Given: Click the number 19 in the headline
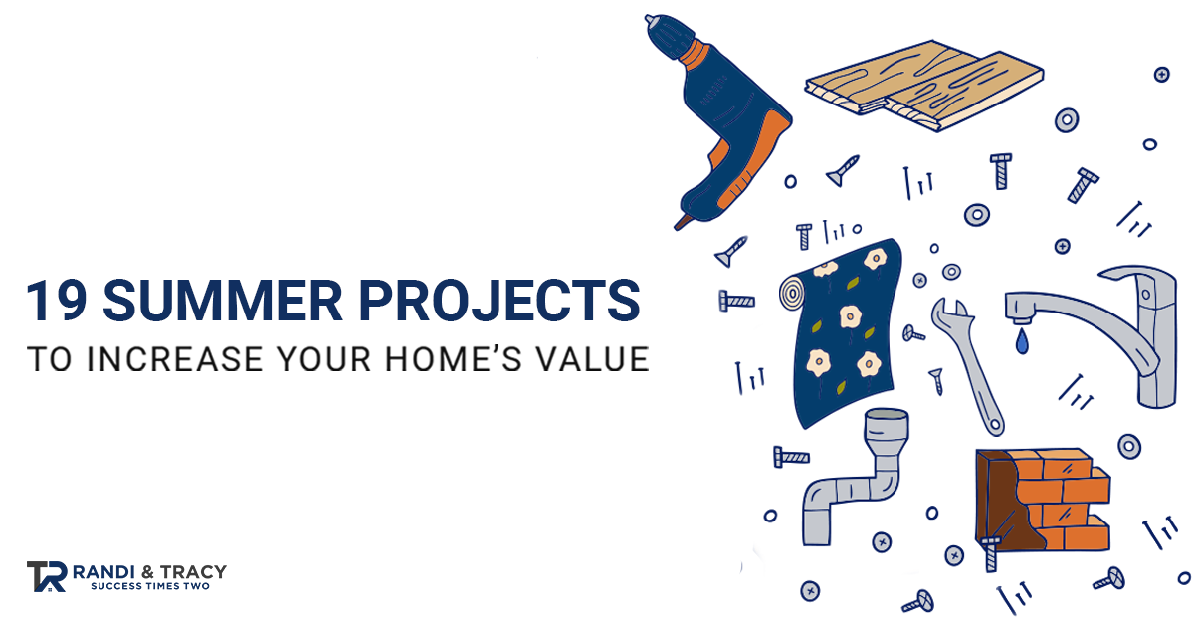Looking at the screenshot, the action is pos(57,302).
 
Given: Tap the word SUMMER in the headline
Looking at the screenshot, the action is pos(222,302).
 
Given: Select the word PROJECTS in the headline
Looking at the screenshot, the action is pos(499,302).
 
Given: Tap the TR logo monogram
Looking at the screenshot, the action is pos(47,576).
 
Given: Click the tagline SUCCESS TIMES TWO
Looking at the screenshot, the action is pos(150,586).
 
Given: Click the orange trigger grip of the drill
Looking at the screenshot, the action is pos(752,160).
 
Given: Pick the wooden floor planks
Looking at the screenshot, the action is pos(923,86).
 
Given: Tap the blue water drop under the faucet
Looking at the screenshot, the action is pos(1021,341).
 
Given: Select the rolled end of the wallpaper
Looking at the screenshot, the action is pos(794,292).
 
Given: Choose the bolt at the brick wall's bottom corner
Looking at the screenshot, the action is pos(990,554).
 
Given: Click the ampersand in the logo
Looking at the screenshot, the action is pos(147,572).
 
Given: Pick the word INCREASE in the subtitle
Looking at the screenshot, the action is pos(175,359).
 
